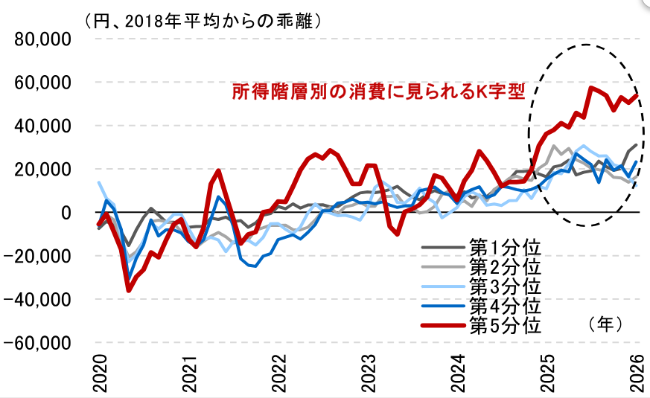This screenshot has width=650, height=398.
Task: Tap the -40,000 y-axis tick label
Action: tap(39, 300)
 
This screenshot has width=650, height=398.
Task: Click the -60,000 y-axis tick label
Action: tap(39, 343)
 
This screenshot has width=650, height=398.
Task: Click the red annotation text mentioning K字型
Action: tap(379, 92)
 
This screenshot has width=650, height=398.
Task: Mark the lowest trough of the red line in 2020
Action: tap(129, 289)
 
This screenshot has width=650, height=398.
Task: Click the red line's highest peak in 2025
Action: tap(591, 88)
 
